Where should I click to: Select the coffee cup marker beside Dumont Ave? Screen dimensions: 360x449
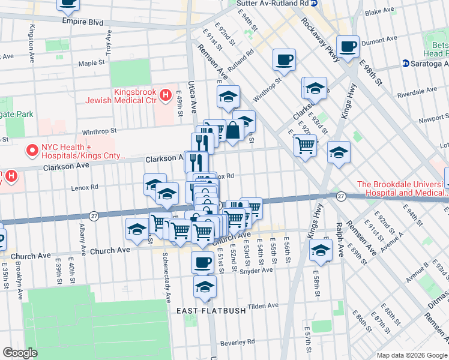click(348, 46)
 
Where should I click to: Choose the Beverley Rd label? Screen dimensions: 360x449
click(238, 341)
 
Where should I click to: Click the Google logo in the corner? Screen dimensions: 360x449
click(20, 353)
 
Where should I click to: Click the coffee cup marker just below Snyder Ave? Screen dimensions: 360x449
click(202, 262)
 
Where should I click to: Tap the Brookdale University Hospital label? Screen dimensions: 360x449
click(402, 188)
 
